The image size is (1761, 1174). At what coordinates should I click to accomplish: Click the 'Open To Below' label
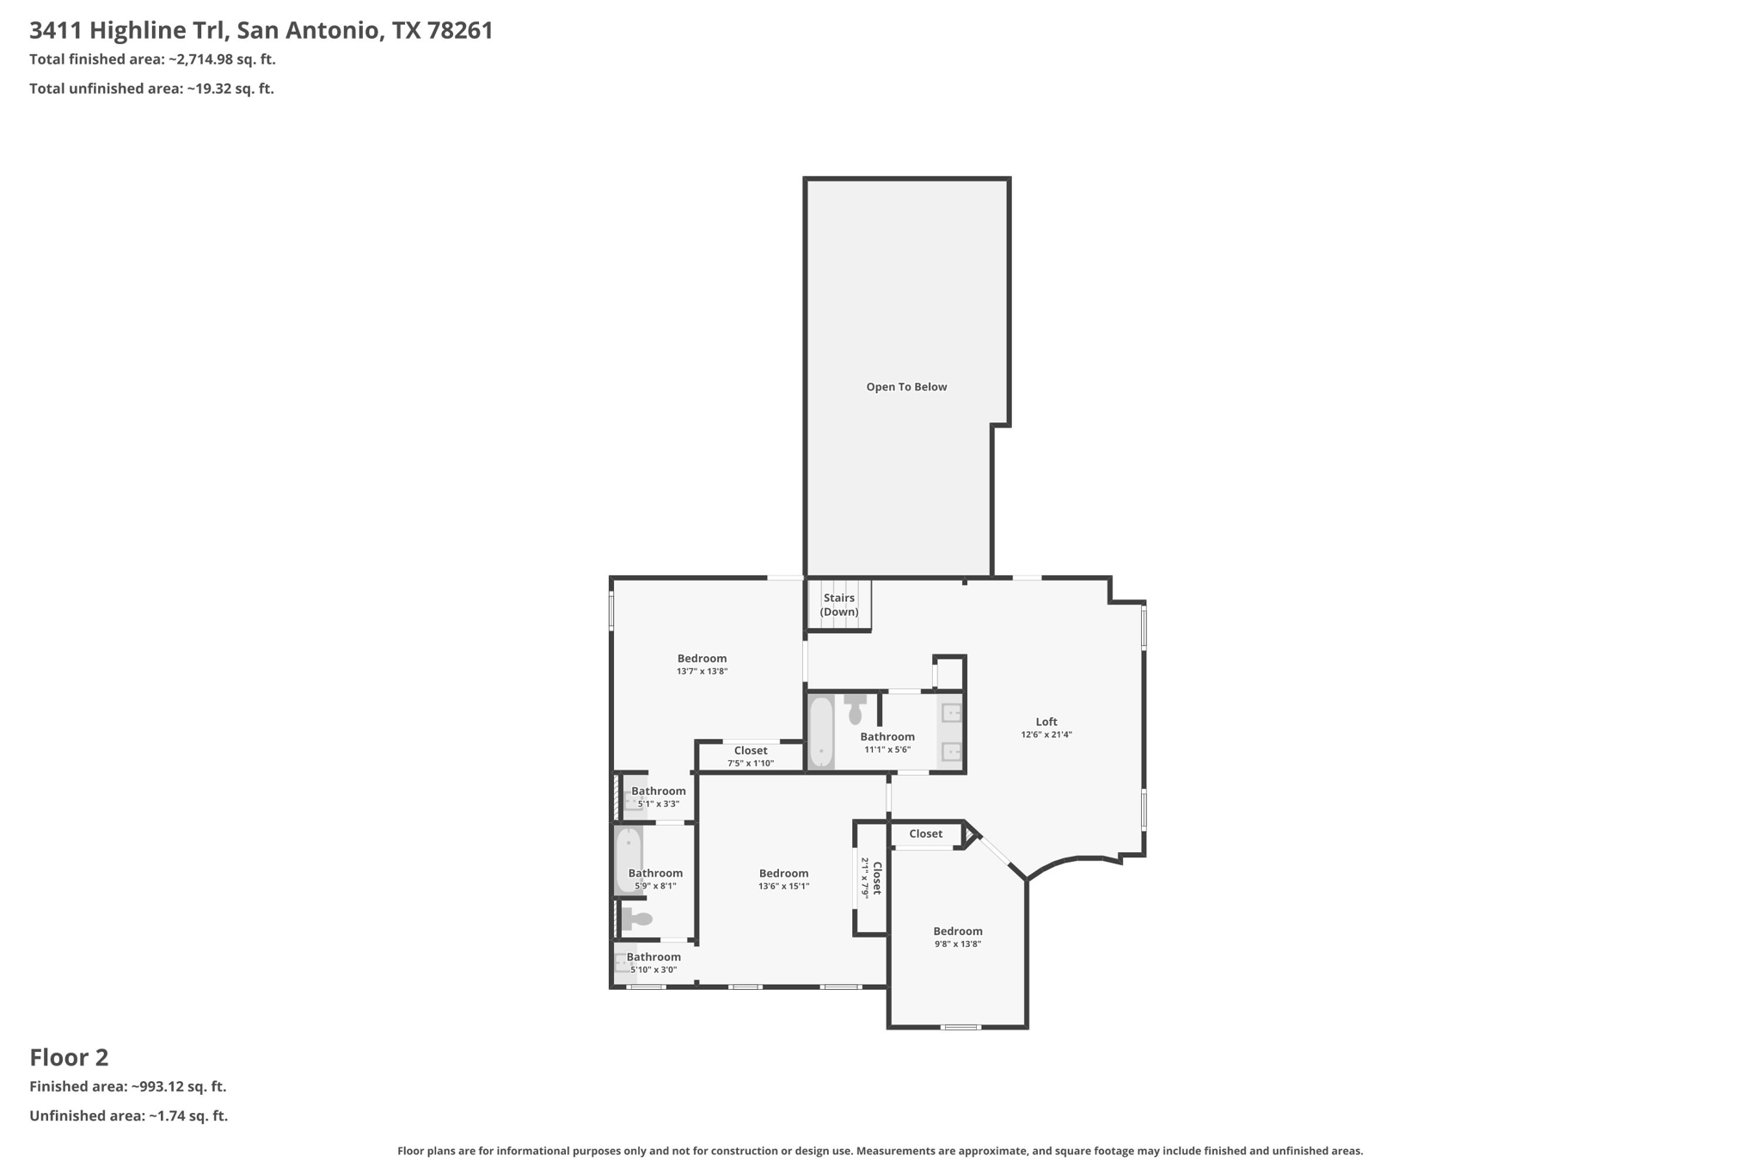coord(906,387)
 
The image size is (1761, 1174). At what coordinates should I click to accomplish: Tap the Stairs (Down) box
coord(838,605)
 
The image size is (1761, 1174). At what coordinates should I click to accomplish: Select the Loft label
coord(1046,722)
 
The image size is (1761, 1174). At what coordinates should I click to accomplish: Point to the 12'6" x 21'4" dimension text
coord(1046,735)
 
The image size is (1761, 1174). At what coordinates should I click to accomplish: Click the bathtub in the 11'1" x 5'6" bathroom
coord(821,731)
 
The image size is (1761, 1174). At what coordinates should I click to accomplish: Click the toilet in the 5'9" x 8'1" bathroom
coord(636,919)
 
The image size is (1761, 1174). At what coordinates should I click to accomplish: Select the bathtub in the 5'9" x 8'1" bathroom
coord(628,859)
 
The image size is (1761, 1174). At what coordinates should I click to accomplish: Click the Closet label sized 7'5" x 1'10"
coord(750,751)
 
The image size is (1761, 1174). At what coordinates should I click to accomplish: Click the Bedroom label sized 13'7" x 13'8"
coord(702,659)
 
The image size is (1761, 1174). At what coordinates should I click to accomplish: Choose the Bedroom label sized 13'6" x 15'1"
coord(783,873)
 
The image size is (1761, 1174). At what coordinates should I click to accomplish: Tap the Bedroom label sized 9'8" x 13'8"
coord(957,931)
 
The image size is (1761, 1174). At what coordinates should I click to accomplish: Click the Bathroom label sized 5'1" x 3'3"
coord(659,791)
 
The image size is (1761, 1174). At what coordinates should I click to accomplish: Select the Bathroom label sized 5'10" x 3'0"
coord(653,956)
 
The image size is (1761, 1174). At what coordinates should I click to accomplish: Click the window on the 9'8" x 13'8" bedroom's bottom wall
coord(960,1026)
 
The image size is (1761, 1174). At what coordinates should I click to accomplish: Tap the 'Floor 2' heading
coord(69,1057)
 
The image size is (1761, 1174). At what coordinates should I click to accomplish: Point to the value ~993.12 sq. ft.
coord(178,1086)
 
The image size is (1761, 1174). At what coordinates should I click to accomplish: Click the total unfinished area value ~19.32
coord(230,89)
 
